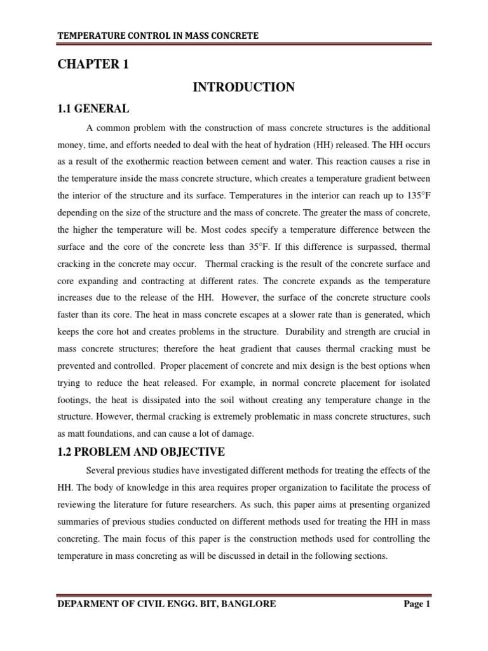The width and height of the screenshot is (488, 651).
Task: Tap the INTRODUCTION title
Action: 243,87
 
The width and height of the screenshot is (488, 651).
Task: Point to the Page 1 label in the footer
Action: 417,604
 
